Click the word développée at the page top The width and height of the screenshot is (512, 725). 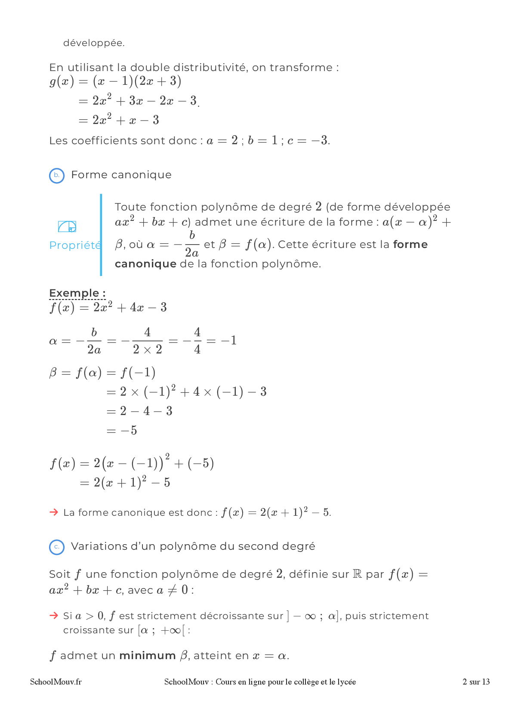coord(94,43)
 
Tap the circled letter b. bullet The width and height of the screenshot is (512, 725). coord(57,175)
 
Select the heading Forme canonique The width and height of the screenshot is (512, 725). coord(121,175)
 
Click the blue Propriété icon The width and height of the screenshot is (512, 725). coord(67,226)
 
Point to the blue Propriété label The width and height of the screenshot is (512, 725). coord(75,245)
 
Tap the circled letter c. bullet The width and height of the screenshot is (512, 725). coord(57,547)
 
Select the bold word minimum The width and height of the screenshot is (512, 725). coord(147,656)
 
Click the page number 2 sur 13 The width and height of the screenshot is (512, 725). coord(476,682)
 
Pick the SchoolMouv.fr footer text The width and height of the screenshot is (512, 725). coord(56,682)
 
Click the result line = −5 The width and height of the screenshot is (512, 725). coord(122,431)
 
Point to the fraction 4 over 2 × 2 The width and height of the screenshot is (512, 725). coord(147,341)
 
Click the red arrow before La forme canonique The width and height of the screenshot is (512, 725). coord(54,512)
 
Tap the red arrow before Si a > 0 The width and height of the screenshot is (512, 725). coord(54,615)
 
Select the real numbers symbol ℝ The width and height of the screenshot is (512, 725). coord(357,574)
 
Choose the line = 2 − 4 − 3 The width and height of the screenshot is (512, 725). coord(139,411)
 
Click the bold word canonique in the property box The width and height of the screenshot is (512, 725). coord(145,264)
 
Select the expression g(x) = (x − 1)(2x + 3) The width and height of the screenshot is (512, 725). coord(115,81)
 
